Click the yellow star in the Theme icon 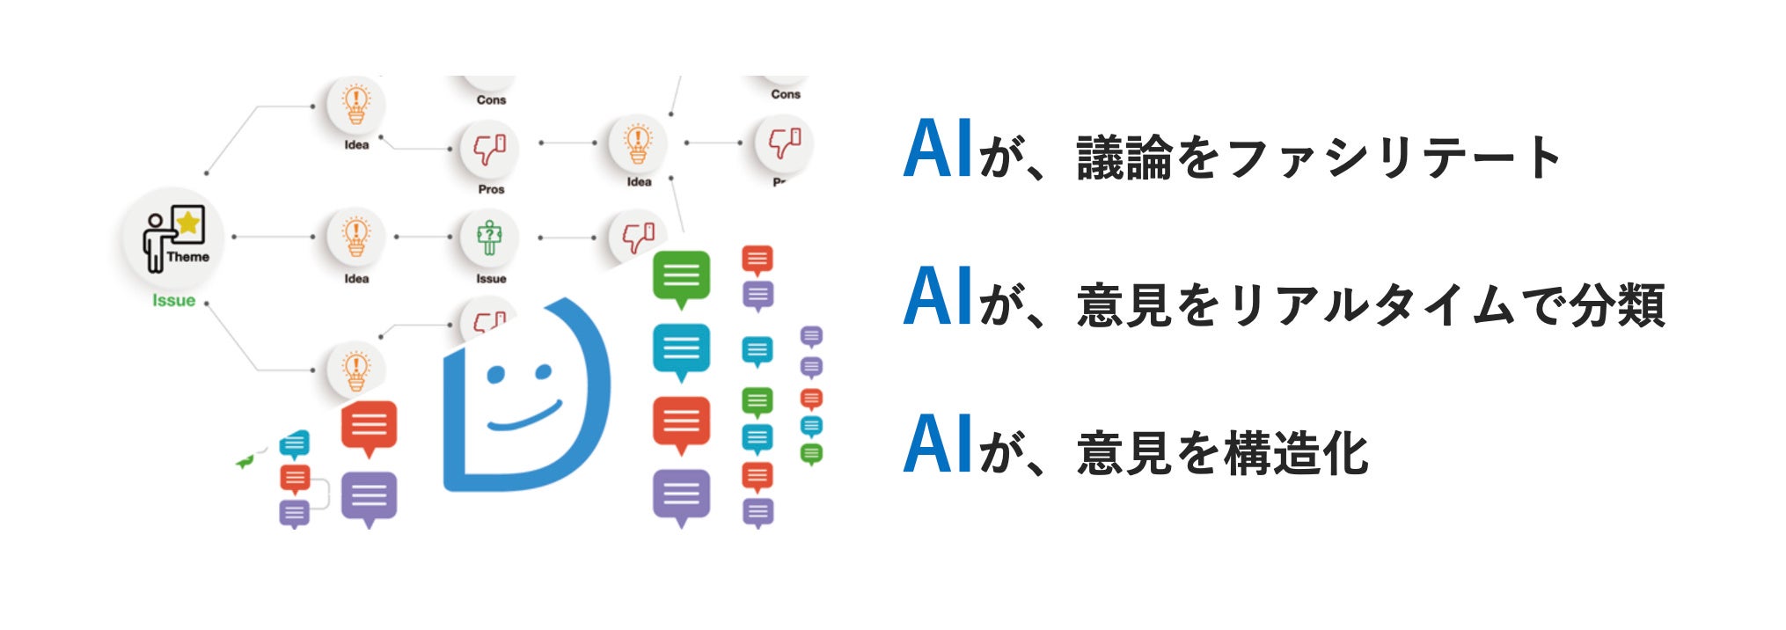tap(188, 223)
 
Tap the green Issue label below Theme tap(173, 301)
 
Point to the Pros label tap(491, 189)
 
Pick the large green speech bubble tap(681, 276)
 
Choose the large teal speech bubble tap(681, 348)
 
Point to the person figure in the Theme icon tap(156, 242)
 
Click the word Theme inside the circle tap(188, 257)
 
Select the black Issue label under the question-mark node tap(491, 279)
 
